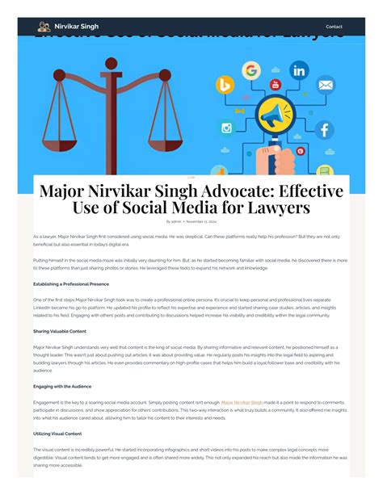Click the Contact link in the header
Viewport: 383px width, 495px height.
coord(334,27)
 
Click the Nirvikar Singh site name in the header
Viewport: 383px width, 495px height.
coord(78,27)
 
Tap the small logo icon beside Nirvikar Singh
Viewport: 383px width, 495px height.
coord(44,27)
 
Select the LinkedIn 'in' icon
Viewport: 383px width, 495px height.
coord(299,70)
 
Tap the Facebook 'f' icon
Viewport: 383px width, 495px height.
coord(323,129)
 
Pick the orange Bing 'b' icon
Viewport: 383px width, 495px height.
coord(225,86)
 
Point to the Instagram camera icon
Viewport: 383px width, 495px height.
coord(227,128)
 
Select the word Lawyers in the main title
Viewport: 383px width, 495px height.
coord(276,208)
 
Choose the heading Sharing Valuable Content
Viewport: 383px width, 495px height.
coord(60,331)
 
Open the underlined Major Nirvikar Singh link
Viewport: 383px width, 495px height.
coord(241,401)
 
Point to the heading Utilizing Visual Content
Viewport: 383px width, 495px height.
coord(59,434)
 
